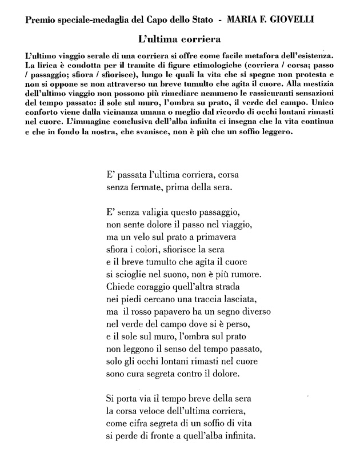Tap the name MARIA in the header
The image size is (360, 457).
(x=245, y=21)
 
